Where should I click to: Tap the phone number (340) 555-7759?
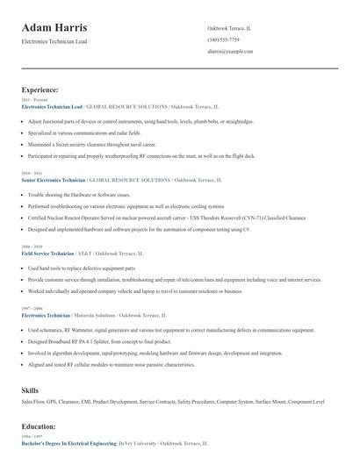point(223,39)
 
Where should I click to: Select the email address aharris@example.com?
point(231,52)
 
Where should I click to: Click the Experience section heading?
point(40,89)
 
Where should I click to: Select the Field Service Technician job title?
point(52,253)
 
